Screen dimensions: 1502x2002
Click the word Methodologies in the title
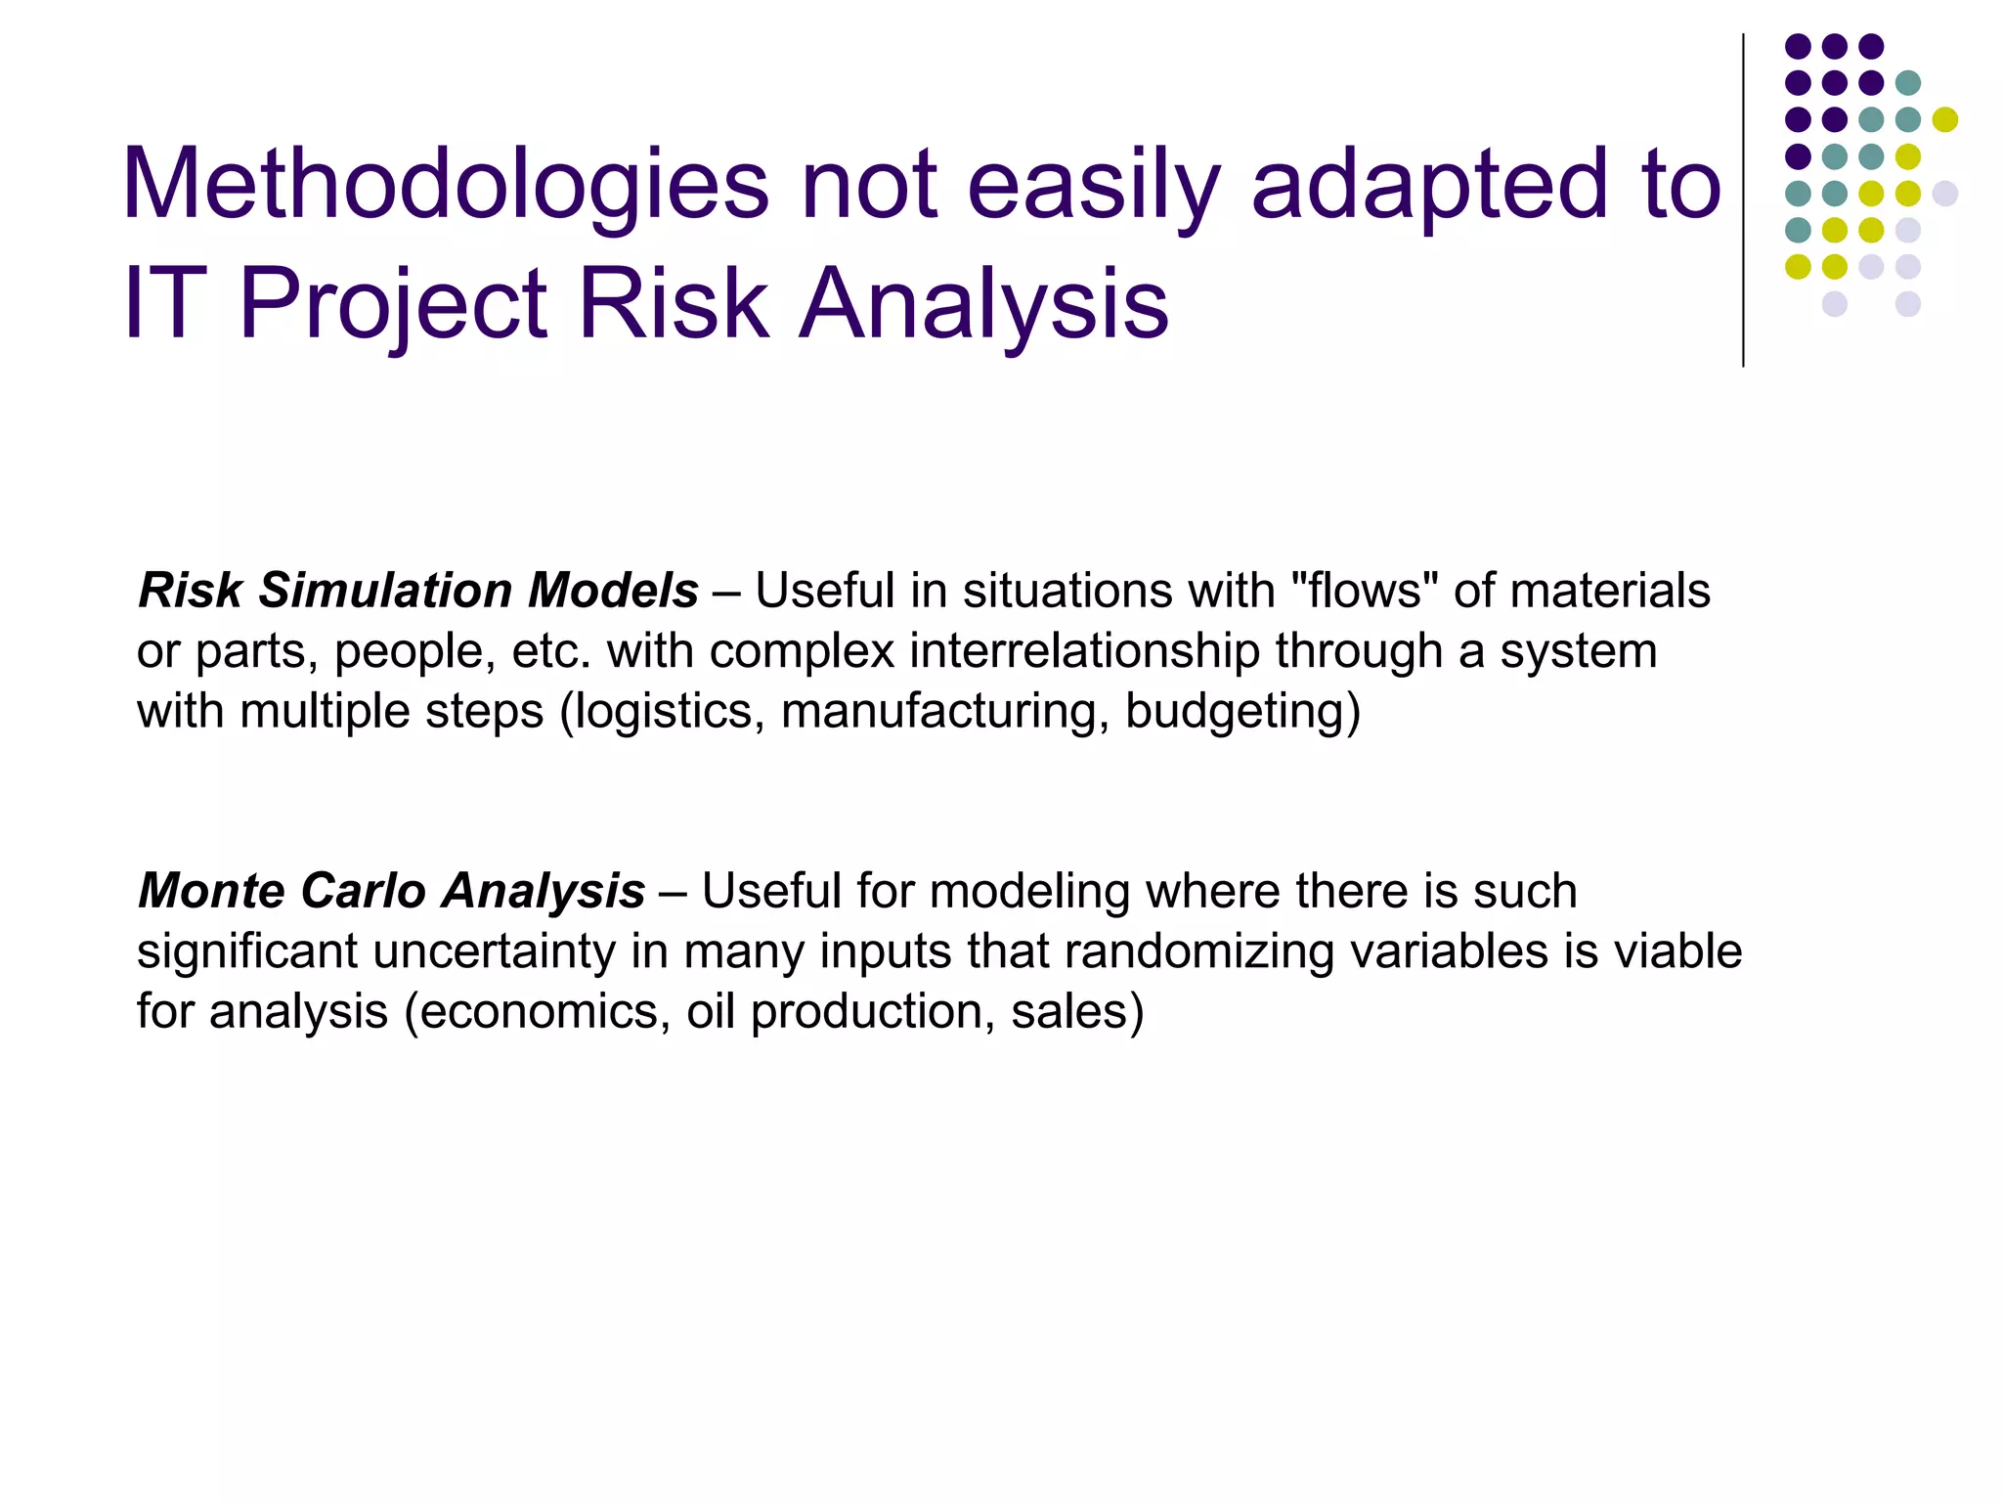[x=446, y=186]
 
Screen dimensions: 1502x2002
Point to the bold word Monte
[x=212, y=891]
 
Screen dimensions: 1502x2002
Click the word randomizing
[x=1198, y=951]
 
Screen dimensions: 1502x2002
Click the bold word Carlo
[x=363, y=891]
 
